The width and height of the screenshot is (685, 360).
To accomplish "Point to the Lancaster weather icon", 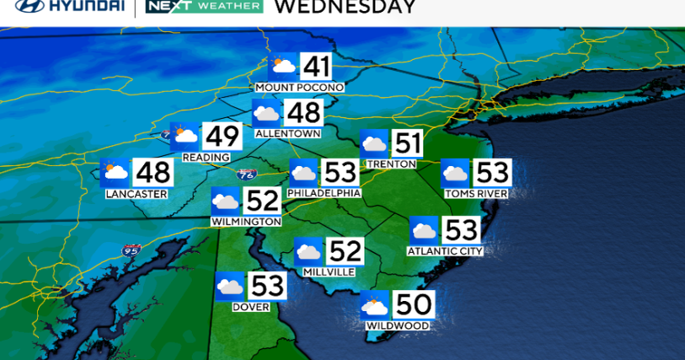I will click(x=115, y=173).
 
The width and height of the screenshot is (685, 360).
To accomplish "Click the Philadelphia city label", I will click(x=324, y=193).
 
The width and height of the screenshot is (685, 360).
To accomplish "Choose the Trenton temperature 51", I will click(x=409, y=142).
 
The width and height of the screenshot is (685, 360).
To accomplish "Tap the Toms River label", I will click(x=476, y=194).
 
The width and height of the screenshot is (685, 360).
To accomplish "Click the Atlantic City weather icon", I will click(x=424, y=229).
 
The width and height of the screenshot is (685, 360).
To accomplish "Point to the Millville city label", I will click(x=329, y=271).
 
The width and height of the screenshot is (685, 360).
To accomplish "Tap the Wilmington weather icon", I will click(x=226, y=201).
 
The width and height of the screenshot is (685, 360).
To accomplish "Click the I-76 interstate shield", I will click(x=246, y=175).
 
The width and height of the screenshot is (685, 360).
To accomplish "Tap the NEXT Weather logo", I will click(x=204, y=7).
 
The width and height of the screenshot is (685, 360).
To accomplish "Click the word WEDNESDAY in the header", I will click(x=345, y=7).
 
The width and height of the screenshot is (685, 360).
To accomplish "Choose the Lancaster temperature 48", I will click(x=153, y=173).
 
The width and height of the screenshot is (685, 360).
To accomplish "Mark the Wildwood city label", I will click(x=398, y=325).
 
